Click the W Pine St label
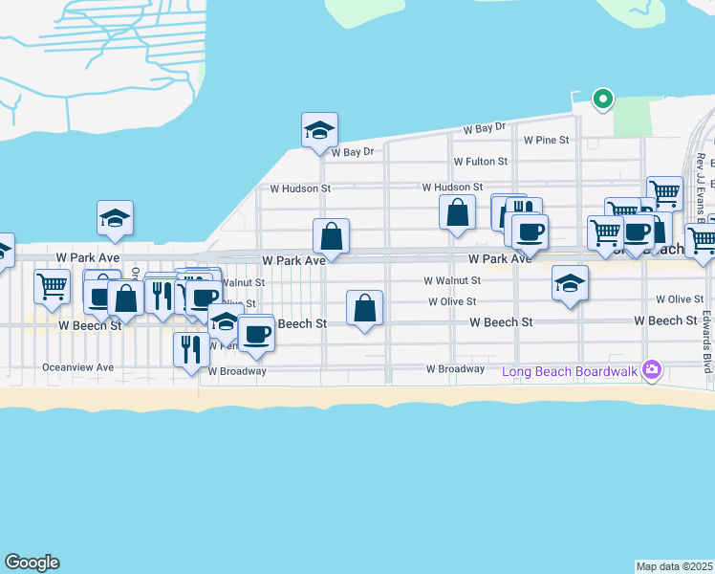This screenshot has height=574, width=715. (546, 140)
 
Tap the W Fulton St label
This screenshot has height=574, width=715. (480, 162)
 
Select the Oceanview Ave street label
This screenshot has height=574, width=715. (78, 367)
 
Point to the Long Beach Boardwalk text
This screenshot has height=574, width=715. (572, 369)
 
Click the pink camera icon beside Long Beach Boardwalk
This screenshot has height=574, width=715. (652, 369)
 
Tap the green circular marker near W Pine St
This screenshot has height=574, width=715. (602, 98)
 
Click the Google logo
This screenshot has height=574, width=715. (32, 563)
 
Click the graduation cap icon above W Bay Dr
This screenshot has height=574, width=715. (319, 130)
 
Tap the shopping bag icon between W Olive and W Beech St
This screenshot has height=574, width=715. (364, 308)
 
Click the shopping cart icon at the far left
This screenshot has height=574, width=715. (52, 284)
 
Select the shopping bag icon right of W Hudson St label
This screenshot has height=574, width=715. (458, 212)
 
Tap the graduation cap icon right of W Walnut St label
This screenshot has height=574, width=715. (570, 283)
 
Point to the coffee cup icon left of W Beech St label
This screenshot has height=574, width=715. (255, 333)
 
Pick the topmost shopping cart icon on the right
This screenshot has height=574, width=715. (664, 193)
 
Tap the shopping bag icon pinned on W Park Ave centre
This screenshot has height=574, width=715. (331, 235)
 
